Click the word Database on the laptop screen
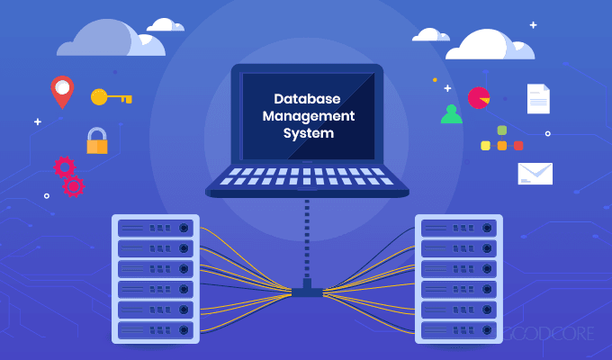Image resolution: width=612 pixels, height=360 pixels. pyautogui.click(x=306, y=100)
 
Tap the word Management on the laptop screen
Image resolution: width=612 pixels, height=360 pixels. pyautogui.click(x=306, y=116)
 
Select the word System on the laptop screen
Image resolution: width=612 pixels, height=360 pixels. pyautogui.click(x=306, y=132)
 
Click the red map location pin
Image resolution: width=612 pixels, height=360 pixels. pyautogui.click(x=61, y=91)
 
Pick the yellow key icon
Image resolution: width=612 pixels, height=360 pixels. pyautogui.click(x=111, y=96)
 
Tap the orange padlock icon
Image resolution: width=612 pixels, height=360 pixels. pyautogui.click(x=96, y=139)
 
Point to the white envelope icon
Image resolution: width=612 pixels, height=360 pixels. pyautogui.click(x=535, y=173)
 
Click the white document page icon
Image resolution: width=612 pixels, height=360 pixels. pyautogui.click(x=538, y=98)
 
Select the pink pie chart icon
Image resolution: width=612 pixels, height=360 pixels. pyautogui.click(x=479, y=96)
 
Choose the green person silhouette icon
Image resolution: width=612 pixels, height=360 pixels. pyautogui.click(x=451, y=114)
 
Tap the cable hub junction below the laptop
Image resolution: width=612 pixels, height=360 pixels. pyautogui.click(x=306, y=290)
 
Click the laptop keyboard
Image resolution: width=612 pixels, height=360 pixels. pyautogui.click(x=306, y=175)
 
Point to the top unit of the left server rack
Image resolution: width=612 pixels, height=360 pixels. pyautogui.click(x=154, y=226)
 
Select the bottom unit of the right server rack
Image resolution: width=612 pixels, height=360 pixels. pyautogui.click(x=458, y=329)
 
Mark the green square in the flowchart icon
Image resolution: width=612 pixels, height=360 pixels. pyautogui.click(x=501, y=130)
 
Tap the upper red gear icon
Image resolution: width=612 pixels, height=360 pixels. pyautogui.click(x=64, y=166)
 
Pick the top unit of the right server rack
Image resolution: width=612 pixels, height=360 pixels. pyautogui.click(x=458, y=226)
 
